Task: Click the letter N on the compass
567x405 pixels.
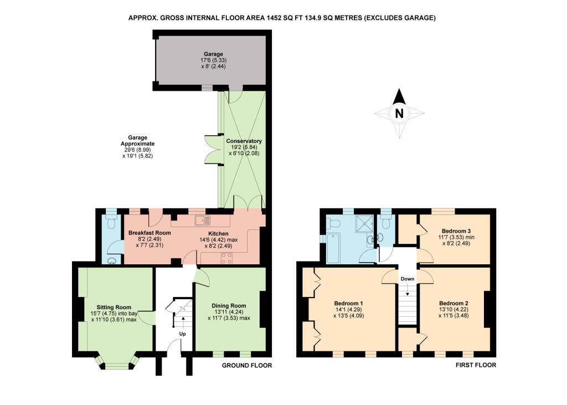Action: tap(399, 114)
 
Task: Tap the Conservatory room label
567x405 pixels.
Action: tap(244, 141)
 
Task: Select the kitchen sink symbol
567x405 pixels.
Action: tap(202, 220)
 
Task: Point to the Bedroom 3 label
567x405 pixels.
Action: tap(456, 231)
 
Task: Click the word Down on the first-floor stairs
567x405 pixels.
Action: tap(407, 279)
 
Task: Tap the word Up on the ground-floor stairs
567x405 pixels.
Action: tap(183, 334)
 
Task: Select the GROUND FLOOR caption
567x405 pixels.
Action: tap(246, 366)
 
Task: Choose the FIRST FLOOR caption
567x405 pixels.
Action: tap(476, 365)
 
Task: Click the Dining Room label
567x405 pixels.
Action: tap(229, 306)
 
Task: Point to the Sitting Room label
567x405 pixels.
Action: tap(114, 307)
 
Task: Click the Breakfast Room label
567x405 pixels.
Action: tap(150, 233)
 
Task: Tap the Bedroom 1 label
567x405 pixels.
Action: tap(349, 303)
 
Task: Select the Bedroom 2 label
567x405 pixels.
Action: tap(454, 303)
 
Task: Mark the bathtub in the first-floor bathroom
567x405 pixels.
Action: tap(333, 248)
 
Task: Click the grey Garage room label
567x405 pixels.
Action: tap(213, 54)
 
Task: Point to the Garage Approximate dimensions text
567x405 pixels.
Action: tap(137, 147)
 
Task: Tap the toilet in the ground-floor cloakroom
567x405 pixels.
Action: tap(111, 223)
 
